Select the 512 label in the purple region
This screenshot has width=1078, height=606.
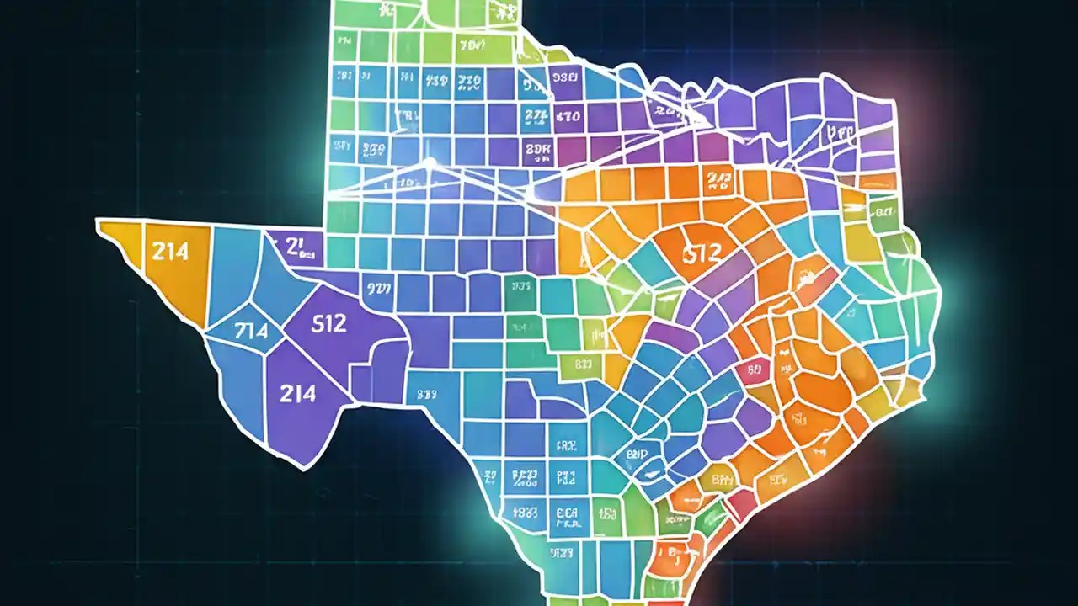[328, 323]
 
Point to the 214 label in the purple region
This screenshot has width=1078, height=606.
[297, 392]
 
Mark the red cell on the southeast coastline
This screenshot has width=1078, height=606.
[741, 503]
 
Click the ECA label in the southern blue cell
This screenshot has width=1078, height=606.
[565, 512]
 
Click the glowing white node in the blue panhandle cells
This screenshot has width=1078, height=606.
[429, 162]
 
